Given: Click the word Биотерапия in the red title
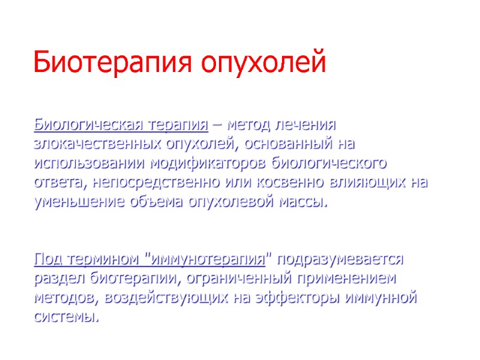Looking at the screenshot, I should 112,63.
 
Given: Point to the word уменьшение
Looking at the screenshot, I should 78,200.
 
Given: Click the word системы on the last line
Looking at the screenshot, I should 65,316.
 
